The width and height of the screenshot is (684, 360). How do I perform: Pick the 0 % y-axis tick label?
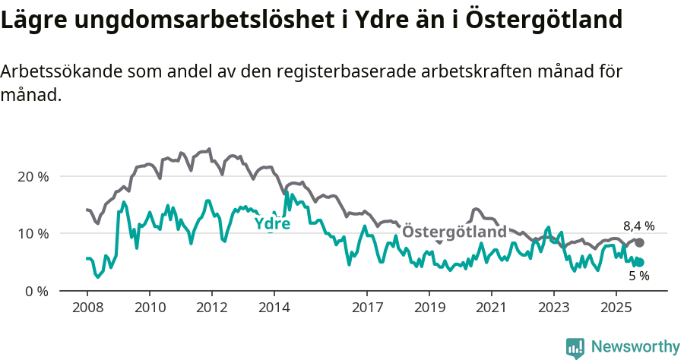click(37, 291)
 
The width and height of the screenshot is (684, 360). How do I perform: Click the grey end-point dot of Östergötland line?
click(639, 242)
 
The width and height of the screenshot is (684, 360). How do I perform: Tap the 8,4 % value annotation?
click(638, 226)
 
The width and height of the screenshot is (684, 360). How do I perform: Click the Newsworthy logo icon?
click(575, 348)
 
